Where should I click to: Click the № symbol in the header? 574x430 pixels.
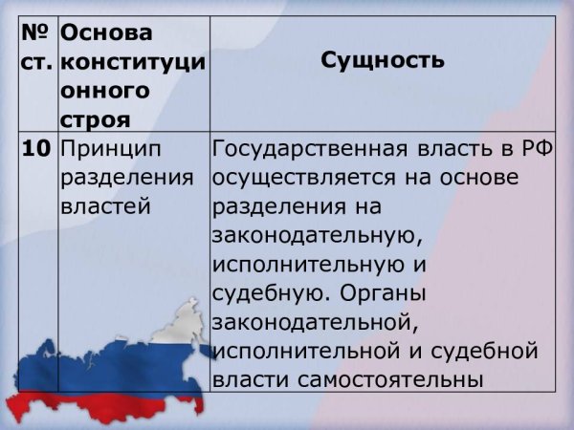pyautogui.click(x=36, y=32)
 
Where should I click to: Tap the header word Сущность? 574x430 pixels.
pyautogui.click(x=383, y=60)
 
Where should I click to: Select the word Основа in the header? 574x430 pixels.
pyautogui.click(x=106, y=32)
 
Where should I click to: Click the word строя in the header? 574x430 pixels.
pyautogui.click(x=94, y=120)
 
